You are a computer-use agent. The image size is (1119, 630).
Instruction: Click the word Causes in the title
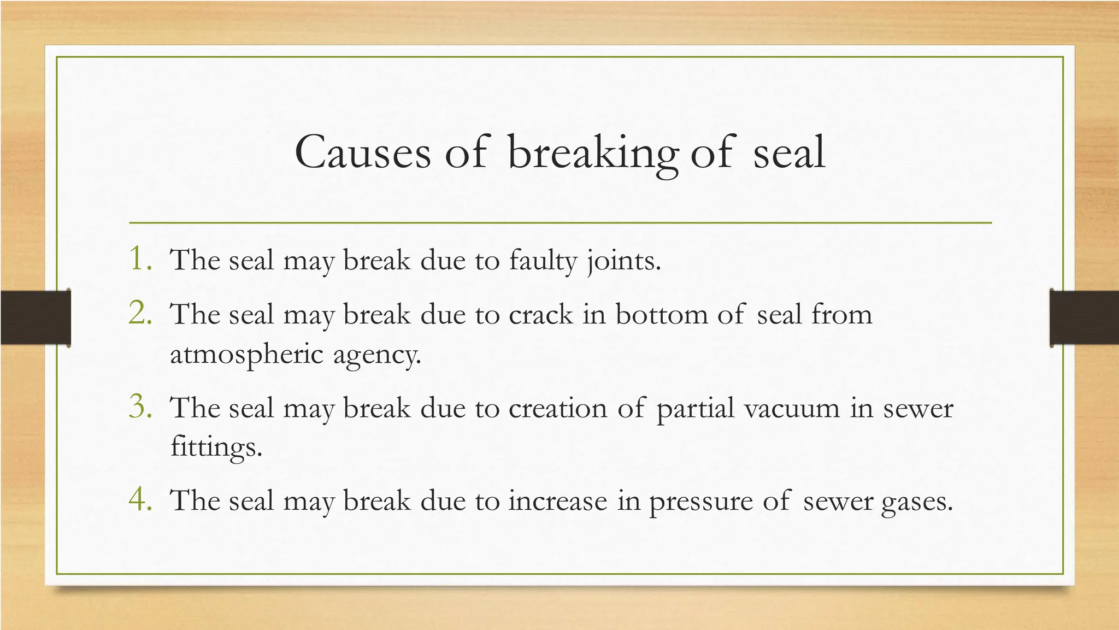pos(362,152)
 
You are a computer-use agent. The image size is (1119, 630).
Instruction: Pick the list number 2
pos(140,313)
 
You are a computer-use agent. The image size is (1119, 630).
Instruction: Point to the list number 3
pos(140,407)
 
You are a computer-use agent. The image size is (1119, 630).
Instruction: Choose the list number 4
pos(140,499)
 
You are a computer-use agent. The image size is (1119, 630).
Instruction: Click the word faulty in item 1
pos(543,261)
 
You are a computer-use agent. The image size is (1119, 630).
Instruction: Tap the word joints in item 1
pos(623,261)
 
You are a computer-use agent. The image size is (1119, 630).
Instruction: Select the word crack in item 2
pos(540,315)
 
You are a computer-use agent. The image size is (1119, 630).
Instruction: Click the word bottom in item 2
pos(661,315)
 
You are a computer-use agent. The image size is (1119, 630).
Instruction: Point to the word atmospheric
pos(247,355)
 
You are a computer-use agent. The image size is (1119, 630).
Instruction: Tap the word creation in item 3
pos(557,408)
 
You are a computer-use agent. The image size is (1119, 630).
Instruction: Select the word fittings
pos(216,448)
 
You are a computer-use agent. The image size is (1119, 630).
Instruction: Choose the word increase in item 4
pos(557,501)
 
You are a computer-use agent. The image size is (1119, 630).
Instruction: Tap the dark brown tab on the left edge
pos(36,317)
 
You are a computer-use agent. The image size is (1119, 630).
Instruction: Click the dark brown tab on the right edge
pos(1084,317)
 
